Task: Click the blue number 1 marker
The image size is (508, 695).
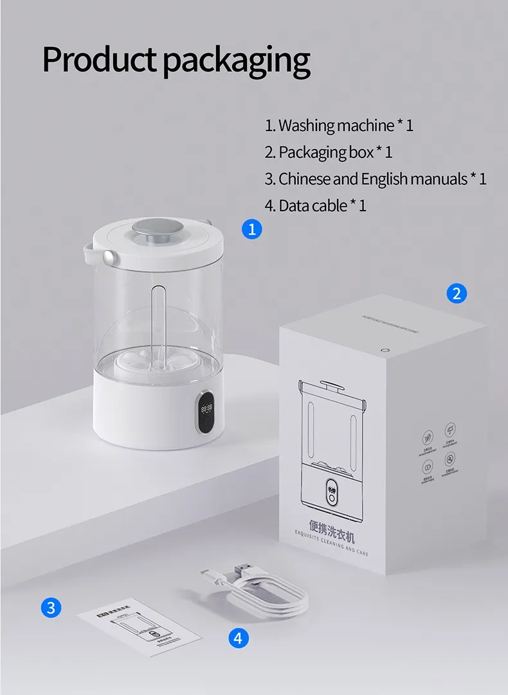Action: point(252,229)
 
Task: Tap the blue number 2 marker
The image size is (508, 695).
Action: point(456,294)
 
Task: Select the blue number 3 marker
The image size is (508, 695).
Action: point(51,607)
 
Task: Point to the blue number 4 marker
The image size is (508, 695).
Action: point(238,638)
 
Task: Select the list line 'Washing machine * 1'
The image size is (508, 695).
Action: point(339,125)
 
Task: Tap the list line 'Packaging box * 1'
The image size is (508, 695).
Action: point(328,152)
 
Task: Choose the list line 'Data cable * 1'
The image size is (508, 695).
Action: point(315,206)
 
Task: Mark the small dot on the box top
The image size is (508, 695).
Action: point(385,349)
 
